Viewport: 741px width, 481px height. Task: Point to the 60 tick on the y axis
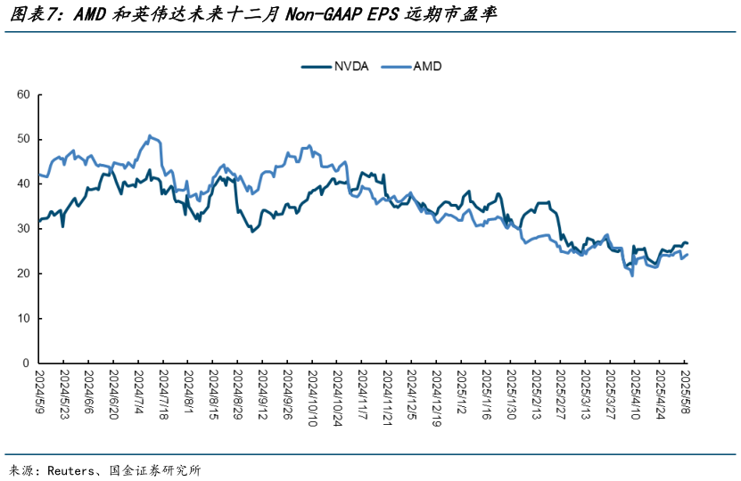pos(23,94)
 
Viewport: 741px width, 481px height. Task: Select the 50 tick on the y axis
pos(23,139)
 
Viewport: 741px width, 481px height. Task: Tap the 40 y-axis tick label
pos(23,184)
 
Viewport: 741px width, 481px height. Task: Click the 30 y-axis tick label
pos(23,229)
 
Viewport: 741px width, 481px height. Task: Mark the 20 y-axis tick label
pos(23,273)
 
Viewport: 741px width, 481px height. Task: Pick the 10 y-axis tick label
pos(23,318)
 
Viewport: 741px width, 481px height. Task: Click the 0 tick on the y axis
pos(27,363)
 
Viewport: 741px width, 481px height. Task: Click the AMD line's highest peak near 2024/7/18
pos(150,135)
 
